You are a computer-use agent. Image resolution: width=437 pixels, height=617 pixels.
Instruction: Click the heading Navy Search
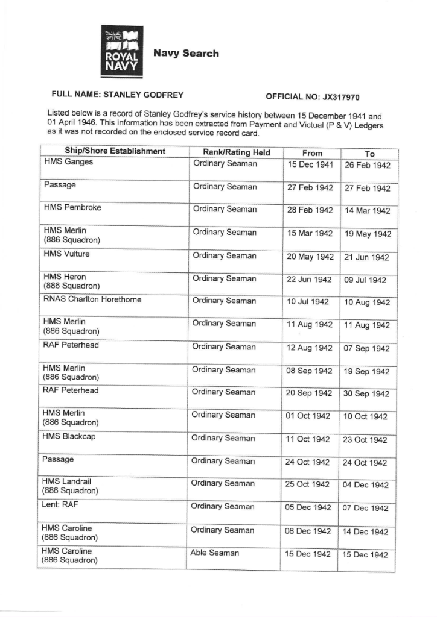(186, 54)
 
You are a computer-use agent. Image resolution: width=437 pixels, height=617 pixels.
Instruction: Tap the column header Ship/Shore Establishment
(115, 151)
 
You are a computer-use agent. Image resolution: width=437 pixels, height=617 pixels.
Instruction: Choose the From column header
(312, 153)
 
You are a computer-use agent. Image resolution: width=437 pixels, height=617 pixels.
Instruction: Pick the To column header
(370, 154)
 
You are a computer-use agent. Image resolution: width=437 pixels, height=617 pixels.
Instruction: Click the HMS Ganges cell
(68, 161)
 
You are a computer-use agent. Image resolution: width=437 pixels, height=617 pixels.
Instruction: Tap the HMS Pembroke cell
(72, 207)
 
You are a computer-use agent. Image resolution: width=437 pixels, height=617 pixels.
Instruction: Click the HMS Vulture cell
(66, 254)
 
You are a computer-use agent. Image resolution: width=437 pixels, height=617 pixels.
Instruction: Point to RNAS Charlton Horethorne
(92, 299)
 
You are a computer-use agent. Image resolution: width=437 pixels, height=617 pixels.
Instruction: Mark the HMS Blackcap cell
(69, 436)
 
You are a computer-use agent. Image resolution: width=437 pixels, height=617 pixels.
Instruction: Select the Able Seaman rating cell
(215, 553)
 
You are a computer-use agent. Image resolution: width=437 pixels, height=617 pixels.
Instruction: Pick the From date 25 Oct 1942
(307, 484)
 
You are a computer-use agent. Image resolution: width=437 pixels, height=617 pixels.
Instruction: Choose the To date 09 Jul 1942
(366, 280)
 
